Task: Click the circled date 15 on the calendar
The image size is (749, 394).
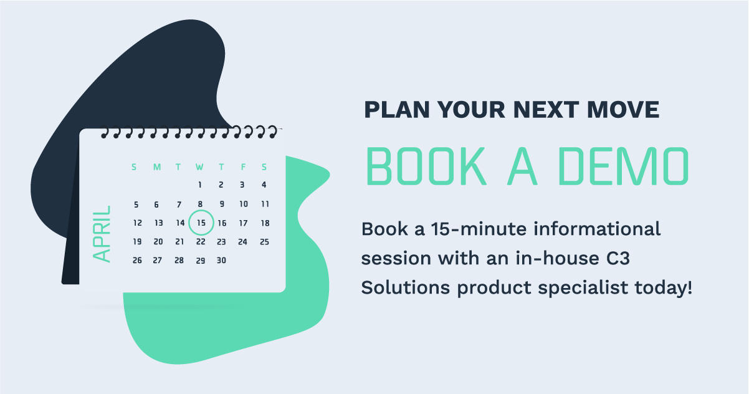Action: click(x=201, y=223)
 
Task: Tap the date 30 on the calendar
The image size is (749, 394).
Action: click(x=221, y=261)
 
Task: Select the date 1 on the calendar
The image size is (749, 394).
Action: click(x=200, y=185)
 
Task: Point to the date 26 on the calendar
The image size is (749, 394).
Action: click(x=137, y=261)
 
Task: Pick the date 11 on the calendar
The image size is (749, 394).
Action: click(x=265, y=204)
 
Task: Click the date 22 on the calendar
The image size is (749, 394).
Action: click(x=201, y=242)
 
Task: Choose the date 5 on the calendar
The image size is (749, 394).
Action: click(x=136, y=204)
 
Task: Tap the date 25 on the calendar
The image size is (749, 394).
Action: click(x=264, y=242)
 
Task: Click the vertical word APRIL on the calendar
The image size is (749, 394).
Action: click(x=102, y=233)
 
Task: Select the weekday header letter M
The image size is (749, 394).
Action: click(x=157, y=167)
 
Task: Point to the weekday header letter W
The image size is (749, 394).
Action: click(x=199, y=167)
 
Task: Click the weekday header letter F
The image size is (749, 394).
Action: click(x=243, y=167)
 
